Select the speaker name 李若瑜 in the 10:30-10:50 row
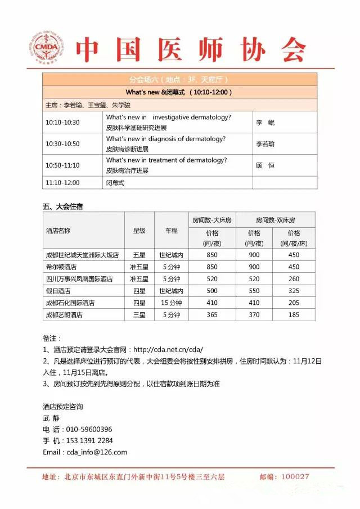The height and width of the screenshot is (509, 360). pyautogui.click(x=265, y=144)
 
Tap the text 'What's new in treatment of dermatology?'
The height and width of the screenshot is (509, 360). pyautogui.click(x=166, y=160)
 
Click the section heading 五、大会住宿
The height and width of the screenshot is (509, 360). pyautogui.click(x=62, y=206)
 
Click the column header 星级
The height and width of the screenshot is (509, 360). pyautogui.click(x=139, y=231)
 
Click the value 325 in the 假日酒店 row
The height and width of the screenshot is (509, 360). pyautogui.click(x=294, y=291)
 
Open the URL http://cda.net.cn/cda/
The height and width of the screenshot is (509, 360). pyautogui.click(x=168, y=349)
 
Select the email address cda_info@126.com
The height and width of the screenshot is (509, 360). pyautogui.click(x=97, y=452)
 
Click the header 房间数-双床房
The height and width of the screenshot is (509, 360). pyautogui.click(x=276, y=219)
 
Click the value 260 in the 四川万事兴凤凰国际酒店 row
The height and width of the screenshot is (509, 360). pyautogui.click(x=294, y=279)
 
